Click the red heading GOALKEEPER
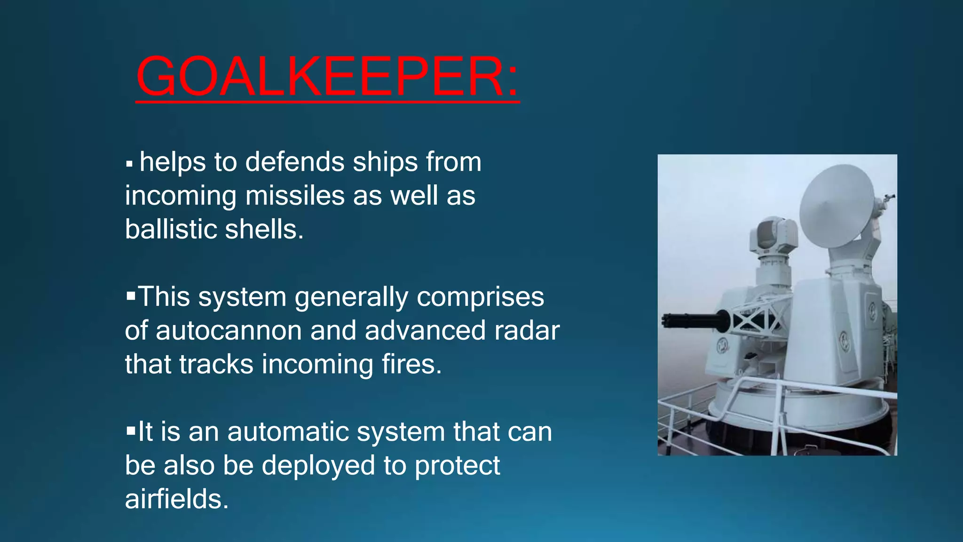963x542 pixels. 327,76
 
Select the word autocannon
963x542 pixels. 229,330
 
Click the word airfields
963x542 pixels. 176,499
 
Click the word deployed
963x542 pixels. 318,466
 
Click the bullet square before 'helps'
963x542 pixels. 129,165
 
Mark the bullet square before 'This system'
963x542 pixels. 130,296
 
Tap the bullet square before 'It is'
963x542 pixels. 130,431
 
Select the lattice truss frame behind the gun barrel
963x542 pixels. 757,320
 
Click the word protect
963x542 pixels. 457,466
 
